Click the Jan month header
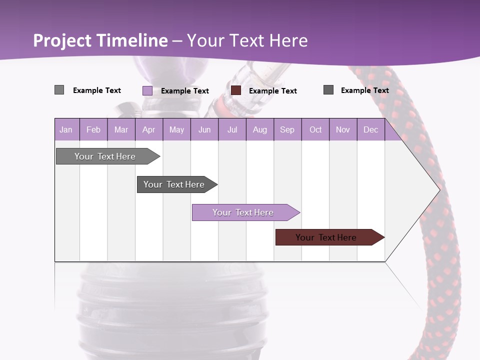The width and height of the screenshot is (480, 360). coord(66,129)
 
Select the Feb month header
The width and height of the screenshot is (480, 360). coord(93,129)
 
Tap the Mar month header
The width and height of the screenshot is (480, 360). coord(121,129)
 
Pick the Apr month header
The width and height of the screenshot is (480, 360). coord(149,129)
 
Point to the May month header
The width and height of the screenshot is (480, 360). coord(176,129)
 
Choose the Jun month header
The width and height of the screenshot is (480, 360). coord(204,129)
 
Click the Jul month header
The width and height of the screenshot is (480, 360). coord(232,129)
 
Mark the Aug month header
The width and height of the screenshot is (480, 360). coord(260,129)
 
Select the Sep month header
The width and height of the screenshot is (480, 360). coord(287,129)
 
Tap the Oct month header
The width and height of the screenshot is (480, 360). coord(315,129)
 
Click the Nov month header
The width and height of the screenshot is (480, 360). coord(343,129)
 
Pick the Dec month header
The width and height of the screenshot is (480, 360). coord(371,129)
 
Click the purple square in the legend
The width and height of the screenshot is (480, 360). coord(147,90)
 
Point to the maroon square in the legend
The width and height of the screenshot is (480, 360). coord(236,90)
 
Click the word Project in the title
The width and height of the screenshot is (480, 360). coord(62,40)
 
